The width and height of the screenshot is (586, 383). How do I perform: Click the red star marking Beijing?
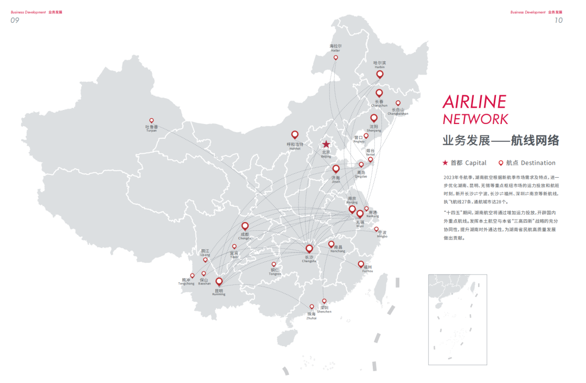point(326,144)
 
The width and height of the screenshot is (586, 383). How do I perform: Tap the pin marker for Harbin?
point(380,74)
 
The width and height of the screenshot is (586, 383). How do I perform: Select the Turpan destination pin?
point(151,120)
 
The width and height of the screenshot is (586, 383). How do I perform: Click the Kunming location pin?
point(219,281)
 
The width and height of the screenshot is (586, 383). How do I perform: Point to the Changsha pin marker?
point(309,249)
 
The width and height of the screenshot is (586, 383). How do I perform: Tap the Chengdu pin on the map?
point(245,226)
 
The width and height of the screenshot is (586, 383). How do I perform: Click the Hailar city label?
point(335,48)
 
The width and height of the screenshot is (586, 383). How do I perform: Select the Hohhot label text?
point(295,146)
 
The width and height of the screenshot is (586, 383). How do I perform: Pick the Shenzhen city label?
point(324,309)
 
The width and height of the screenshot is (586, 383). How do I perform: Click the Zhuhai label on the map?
point(311,316)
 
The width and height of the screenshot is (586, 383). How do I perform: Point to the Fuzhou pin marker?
point(361,264)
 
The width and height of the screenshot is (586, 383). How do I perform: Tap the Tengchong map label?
point(186,282)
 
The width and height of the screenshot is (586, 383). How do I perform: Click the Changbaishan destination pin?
point(398,102)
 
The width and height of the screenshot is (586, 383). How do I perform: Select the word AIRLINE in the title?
point(474,101)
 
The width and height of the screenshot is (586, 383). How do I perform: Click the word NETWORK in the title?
point(475,119)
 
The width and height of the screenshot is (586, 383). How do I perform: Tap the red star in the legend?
point(445,163)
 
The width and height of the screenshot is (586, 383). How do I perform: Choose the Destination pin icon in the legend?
point(501,163)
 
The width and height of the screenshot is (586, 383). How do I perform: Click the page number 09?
point(15,20)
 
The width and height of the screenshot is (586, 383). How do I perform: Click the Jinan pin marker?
point(336,169)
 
